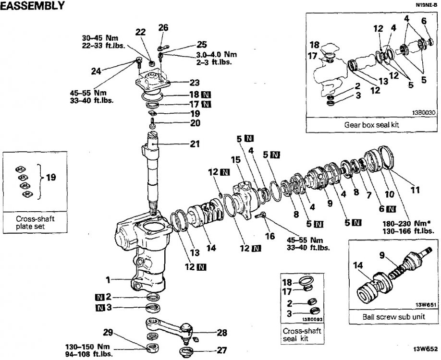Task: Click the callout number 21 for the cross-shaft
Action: click(195, 144)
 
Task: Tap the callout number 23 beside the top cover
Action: click(195, 83)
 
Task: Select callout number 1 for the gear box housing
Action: click(108, 280)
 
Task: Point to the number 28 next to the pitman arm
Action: click(222, 333)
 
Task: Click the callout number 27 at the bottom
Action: click(222, 350)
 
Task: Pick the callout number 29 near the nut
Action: click(108, 333)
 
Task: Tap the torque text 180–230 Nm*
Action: click(406, 224)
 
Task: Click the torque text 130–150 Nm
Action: click(87, 347)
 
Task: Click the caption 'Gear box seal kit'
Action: click(371, 124)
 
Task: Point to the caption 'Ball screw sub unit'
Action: click(393, 317)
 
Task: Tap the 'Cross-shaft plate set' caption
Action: click(35, 222)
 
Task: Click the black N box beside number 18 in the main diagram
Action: click(207, 95)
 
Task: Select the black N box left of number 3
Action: click(100, 308)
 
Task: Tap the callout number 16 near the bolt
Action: click(269, 236)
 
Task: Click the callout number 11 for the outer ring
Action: click(415, 190)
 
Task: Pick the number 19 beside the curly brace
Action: click(51, 177)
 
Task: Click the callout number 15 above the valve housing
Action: click(236, 160)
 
